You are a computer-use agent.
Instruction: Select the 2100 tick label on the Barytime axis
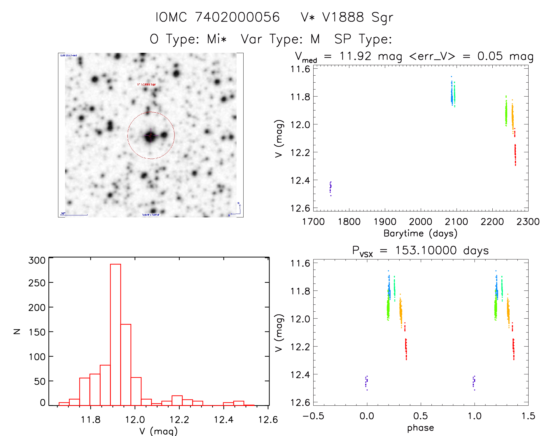456,222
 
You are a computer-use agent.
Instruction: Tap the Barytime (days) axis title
420,233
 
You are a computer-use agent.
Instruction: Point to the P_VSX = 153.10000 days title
420,251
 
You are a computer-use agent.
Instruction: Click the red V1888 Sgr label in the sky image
146,85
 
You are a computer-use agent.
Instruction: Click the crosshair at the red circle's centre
151,135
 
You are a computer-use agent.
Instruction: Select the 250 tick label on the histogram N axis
37,283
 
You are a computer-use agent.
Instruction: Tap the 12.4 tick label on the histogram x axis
223,420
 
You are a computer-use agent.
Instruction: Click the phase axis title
420,428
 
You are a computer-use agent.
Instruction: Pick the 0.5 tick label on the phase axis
420,416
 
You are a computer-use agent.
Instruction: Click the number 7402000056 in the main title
237,17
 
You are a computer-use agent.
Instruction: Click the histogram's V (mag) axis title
158,431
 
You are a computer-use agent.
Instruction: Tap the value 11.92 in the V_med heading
355,56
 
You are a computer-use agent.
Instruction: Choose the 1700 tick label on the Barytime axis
313,222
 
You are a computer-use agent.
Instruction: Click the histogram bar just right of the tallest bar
126,365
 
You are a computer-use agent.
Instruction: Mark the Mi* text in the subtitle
217,39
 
